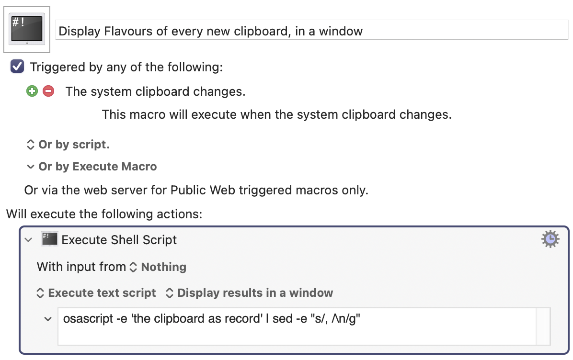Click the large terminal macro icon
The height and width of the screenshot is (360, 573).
pos(27,29)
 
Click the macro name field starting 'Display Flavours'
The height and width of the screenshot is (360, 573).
pos(311,31)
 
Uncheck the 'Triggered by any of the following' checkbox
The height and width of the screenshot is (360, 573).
pos(17,67)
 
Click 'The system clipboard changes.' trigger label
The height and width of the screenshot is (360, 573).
pos(155,91)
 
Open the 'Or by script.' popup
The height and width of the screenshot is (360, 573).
pos(68,145)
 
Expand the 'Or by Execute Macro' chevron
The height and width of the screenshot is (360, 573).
pos(30,167)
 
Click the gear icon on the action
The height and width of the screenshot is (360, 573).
pos(550,239)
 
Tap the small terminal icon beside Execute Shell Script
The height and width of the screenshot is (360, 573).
pos(50,239)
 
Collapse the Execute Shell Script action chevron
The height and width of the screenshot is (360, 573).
pos(28,240)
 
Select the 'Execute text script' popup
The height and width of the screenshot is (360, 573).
pos(96,293)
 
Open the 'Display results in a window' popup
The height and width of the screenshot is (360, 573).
pos(249,293)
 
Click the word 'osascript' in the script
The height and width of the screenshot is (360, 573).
pos(88,319)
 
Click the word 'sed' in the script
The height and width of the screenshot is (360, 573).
pos(283,319)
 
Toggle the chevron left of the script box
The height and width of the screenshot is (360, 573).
pos(48,319)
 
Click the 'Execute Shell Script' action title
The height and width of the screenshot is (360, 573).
pos(119,240)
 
